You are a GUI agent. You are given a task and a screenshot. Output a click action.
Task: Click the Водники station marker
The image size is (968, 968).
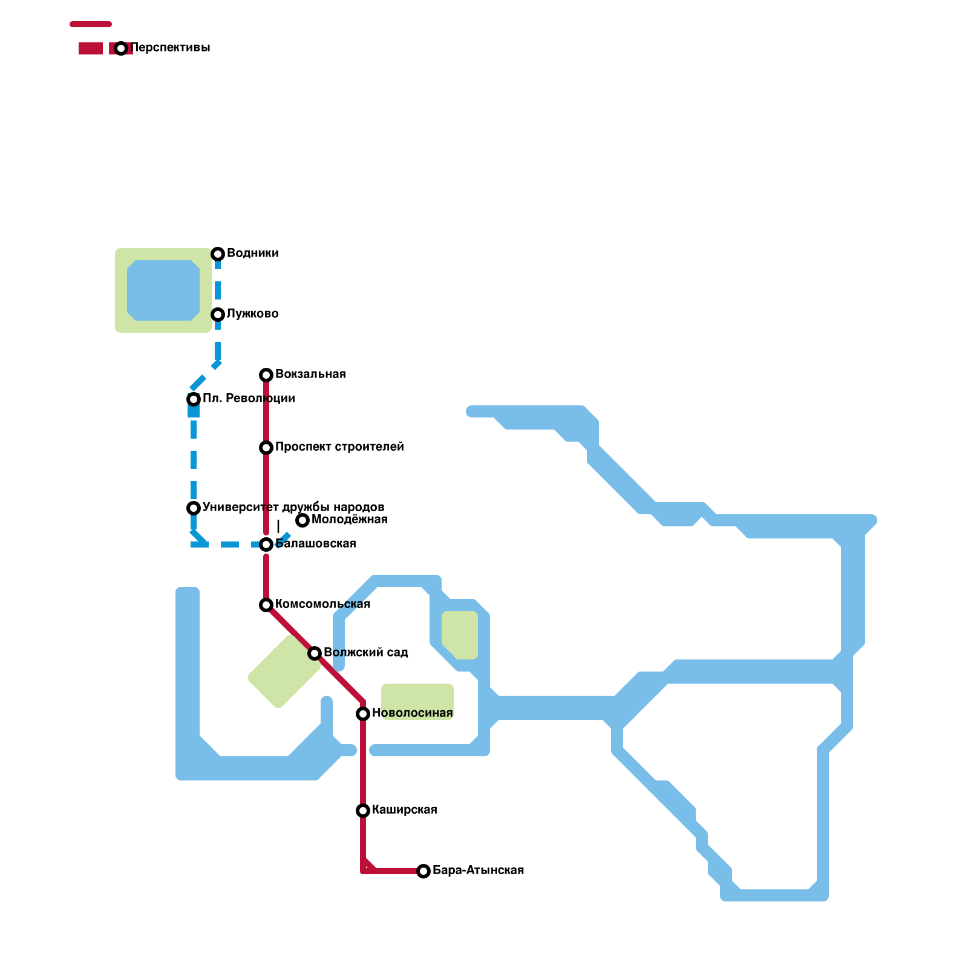coord(218,254)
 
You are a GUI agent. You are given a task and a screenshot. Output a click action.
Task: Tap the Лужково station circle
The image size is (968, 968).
coord(218,315)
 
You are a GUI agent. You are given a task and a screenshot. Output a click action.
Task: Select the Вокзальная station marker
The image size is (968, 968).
coord(266,375)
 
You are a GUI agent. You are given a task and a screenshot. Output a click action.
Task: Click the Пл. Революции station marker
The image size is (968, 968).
coord(194,399)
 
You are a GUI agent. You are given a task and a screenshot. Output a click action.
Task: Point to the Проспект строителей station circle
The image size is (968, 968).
coord(266,448)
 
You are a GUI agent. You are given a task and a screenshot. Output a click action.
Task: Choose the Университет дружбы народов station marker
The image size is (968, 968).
coord(194,508)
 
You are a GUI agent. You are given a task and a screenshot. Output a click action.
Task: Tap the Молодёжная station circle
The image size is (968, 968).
coord(302,520)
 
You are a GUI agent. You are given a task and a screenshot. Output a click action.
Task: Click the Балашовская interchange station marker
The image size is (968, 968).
coord(266,544)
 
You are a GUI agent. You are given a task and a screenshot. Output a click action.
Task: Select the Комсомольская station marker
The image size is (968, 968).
coord(266,605)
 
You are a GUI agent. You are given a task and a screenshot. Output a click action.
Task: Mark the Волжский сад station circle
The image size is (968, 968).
coord(315,653)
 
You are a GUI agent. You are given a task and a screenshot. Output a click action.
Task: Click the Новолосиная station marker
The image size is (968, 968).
coord(363,714)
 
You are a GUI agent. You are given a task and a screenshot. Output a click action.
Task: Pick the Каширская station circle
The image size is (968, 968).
coord(363,811)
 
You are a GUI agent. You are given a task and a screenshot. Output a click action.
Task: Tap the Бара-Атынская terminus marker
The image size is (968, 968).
coord(423,871)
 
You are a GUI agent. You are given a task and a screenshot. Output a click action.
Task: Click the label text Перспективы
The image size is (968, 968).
coord(170,48)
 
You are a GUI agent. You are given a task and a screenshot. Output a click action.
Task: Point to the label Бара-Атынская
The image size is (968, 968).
coord(478,871)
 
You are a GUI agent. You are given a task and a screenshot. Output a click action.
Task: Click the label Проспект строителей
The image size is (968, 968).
coord(339,447)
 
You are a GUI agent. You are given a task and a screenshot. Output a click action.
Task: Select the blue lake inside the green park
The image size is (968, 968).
coord(163,290)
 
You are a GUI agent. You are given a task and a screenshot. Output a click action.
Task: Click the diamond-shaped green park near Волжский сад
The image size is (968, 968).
coord(284,672)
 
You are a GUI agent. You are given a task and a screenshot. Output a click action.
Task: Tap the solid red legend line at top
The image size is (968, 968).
coord(91,24)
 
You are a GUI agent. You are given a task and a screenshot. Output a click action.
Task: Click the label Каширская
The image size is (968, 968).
coord(404,810)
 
